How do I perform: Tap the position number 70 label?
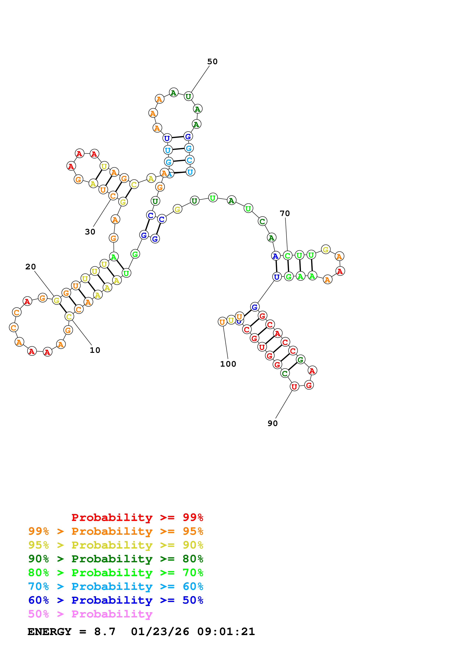tap(285, 213)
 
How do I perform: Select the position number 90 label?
tap(272, 423)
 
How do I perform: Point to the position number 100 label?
tap(228, 364)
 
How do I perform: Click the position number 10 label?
tap(95, 350)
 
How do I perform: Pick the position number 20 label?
tap(30, 267)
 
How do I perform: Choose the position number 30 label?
tap(90, 232)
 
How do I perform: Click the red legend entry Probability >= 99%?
tap(137, 517)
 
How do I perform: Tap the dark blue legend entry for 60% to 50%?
tap(116, 600)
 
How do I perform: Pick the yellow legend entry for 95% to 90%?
tap(116, 545)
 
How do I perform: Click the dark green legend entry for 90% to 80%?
tap(116, 559)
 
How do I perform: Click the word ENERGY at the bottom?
tap(49, 632)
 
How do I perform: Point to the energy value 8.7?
tap(104, 632)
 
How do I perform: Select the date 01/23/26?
tap(160, 632)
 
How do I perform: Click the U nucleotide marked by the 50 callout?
tap(188, 96)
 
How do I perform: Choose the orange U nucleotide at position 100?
tap(222, 322)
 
